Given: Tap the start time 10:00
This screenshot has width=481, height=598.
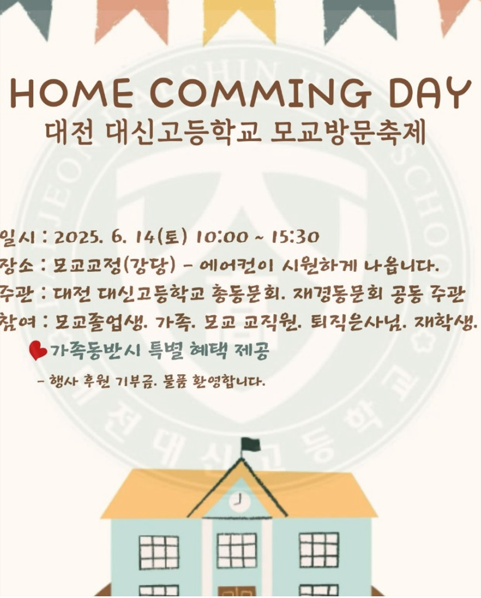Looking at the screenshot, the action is [x=221, y=237].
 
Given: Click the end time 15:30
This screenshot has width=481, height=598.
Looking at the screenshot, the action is [x=295, y=237].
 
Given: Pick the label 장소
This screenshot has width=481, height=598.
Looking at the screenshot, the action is [x=17, y=266].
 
